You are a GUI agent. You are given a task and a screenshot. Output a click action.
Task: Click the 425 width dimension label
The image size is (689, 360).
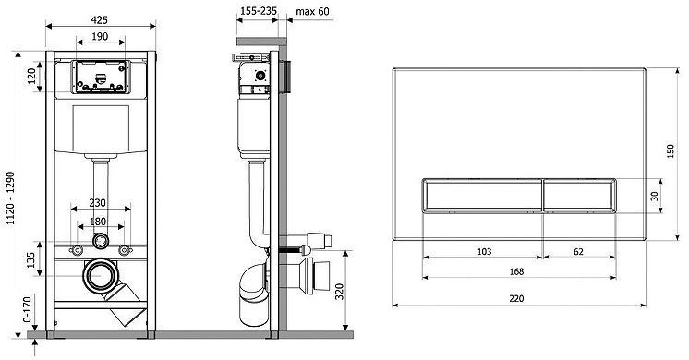100,19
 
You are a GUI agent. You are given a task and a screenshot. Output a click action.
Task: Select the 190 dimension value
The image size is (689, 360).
100,36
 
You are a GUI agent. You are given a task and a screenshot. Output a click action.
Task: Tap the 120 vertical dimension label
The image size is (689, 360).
31,77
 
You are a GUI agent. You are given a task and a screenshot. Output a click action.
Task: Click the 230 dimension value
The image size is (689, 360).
98,203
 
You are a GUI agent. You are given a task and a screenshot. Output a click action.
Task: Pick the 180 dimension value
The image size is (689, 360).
98,222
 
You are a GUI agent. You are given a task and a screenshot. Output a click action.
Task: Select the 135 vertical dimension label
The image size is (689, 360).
30,260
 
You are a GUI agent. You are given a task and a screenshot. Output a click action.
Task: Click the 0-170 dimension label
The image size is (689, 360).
27,309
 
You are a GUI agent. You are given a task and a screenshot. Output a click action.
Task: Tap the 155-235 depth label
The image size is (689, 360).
260,10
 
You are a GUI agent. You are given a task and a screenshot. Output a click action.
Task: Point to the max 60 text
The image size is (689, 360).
312,11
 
